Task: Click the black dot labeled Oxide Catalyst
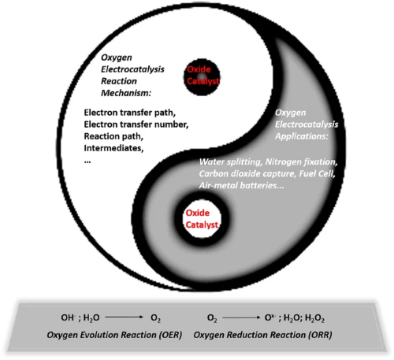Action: tap(202, 77)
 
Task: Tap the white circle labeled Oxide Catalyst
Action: tap(202, 219)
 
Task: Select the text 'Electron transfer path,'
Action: tap(130, 113)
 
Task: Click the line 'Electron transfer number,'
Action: tap(136, 124)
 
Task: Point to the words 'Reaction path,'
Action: tap(113, 136)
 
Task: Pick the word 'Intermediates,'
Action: tap(113, 148)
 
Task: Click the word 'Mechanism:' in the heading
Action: tap(126, 93)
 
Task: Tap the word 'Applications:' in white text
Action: tap(302, 136)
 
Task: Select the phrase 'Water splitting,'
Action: tap(231, 162)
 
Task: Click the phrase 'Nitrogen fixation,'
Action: tap(302, 162)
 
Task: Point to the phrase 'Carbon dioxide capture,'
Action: tap(247, 174)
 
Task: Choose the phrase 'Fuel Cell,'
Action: tap(317, 174)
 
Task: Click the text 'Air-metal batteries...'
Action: tap(242, 186)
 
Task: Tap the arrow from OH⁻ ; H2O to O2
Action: tap(124, 317)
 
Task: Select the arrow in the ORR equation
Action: tap(241, 317)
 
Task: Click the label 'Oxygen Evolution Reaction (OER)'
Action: tap(114, 335)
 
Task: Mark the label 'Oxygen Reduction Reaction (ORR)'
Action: tap(263, 335)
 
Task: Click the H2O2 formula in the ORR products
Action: tap(315, 318)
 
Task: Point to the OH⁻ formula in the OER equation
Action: tap(69, 317)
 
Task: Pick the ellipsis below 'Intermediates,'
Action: tap(87, 162)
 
